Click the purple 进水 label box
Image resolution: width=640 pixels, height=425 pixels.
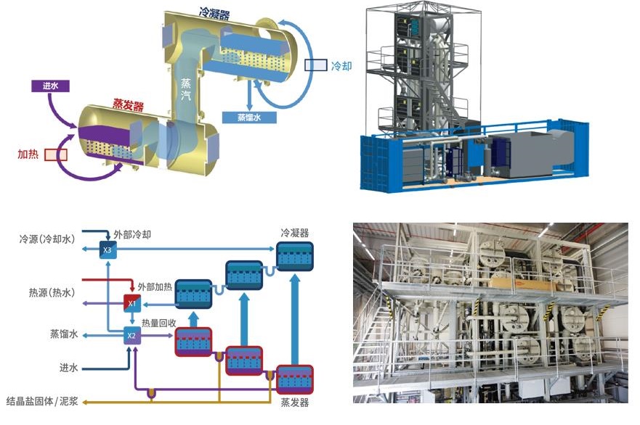pos(50,85)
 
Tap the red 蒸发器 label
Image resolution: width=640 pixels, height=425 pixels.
pos(128,107)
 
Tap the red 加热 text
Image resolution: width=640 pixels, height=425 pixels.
pos(28,154)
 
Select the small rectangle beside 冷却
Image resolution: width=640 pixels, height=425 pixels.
pos(315,65)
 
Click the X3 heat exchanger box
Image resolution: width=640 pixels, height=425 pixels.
pos(108,250)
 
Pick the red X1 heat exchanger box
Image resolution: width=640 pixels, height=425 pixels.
pos(131,304)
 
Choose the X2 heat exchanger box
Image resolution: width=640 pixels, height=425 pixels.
pos(131,335)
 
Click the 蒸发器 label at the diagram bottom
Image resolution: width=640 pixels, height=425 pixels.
pos(295,403)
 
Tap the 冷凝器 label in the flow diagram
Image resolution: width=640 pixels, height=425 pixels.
pos(295,233)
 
